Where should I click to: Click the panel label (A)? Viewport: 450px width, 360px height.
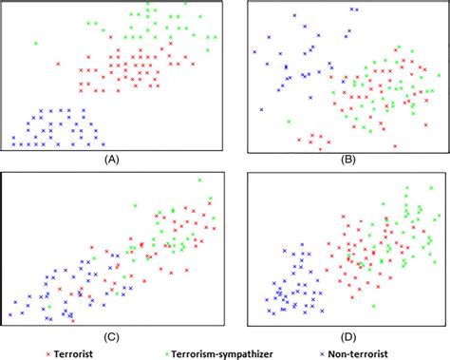point(111,161)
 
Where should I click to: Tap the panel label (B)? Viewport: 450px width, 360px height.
point(335,161)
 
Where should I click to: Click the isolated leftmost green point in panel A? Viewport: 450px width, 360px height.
point(36,43)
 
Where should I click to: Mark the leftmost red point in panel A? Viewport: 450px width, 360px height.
point(58,64)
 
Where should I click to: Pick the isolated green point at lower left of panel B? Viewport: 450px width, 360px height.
point(288,121)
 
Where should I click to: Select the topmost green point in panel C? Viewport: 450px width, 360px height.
point(135,205)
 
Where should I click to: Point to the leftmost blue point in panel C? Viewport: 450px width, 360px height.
point(10,313)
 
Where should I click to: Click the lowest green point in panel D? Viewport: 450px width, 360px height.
point(374,306)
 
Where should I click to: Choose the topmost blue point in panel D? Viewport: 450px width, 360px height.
point(301,245)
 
